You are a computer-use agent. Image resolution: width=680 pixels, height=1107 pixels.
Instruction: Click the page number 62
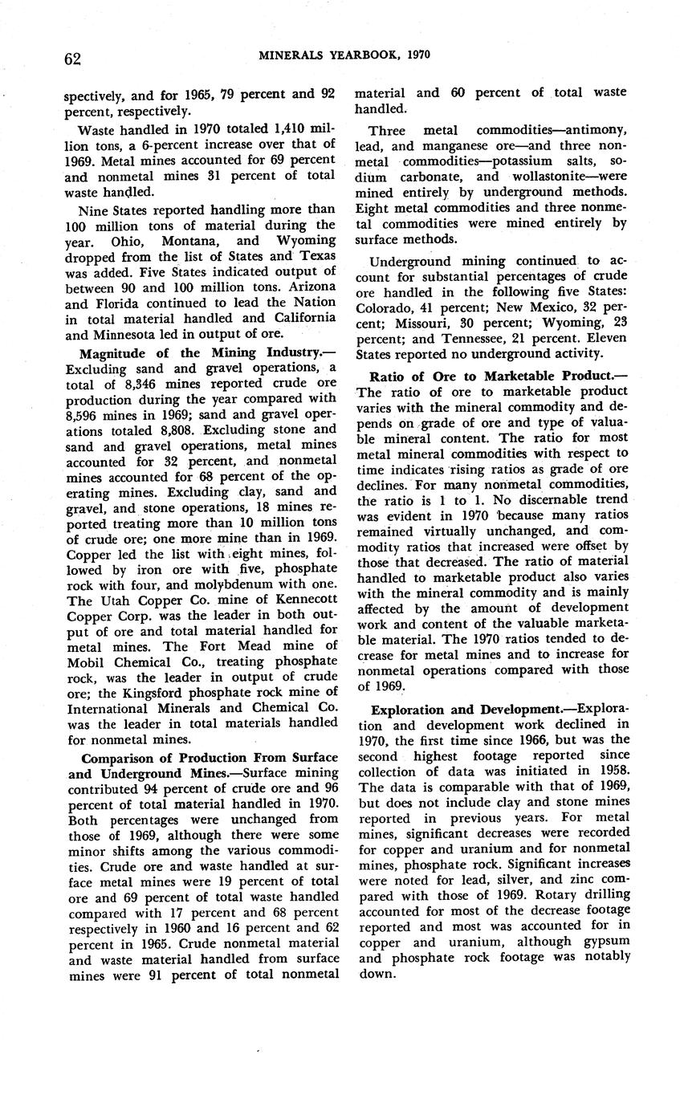coord(73,58)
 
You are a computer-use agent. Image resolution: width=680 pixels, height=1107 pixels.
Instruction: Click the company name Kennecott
coord(298,599)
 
